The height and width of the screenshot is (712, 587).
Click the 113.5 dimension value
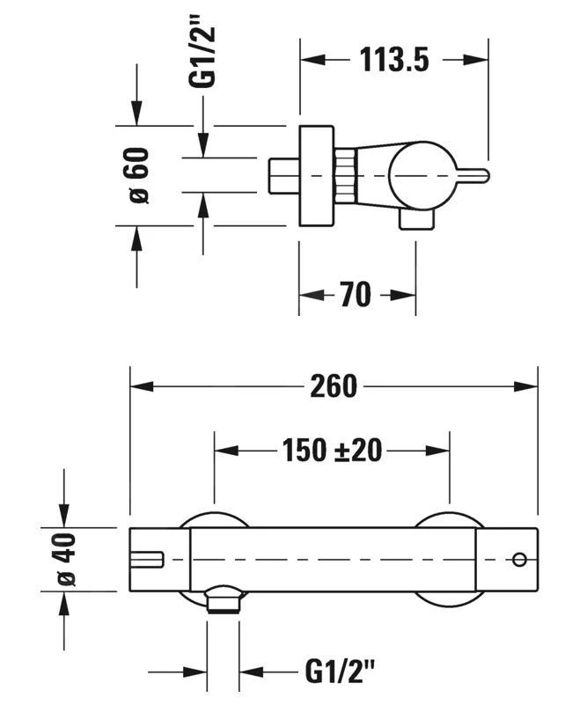click(x=393, y=60)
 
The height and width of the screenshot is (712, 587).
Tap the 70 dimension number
click(x=356, y=295)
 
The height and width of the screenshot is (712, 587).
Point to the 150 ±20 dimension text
click(x=332, y=450)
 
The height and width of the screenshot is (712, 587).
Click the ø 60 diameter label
click(x=138, y=175)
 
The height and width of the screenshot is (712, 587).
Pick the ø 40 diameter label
click(x=67, y=560)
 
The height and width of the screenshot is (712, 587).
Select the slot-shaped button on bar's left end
click(x=147, y=558)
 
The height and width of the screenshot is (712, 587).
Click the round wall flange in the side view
click(x=317, y=176)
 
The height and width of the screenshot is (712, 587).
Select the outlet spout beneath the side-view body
click(x=416, y=219)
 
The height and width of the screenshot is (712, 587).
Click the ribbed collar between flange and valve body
click(x=346, y=175)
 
